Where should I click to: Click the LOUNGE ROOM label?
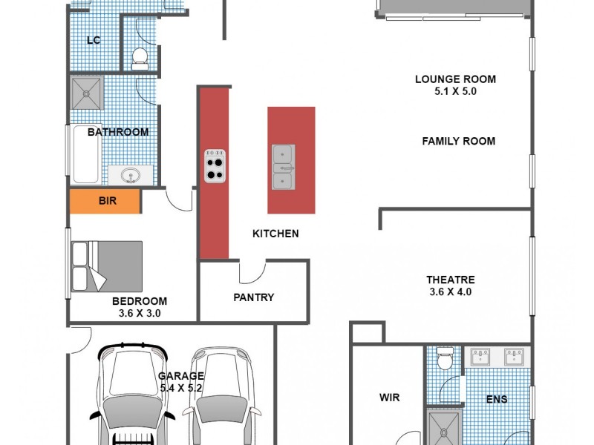coord(455,79)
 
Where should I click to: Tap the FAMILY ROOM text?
coord(458,141)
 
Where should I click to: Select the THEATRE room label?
coord(450,280)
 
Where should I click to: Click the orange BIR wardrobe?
coord(105,201)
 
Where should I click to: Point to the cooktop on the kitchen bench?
coord(215,166)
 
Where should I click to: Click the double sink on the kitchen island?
coord(283,167)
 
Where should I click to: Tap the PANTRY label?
coord(253,297)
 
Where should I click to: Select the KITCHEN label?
coord(275,234)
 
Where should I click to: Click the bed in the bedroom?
coord(106,266)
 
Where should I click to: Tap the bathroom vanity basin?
coord(131,175)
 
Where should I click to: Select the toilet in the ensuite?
coord(444,359)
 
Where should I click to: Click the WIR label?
coord(389,398)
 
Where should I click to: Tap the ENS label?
coord(497,400)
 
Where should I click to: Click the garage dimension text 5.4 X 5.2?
coord(180,387)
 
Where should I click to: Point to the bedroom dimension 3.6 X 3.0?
coord(140,313)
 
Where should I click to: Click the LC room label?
coord(94,40)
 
